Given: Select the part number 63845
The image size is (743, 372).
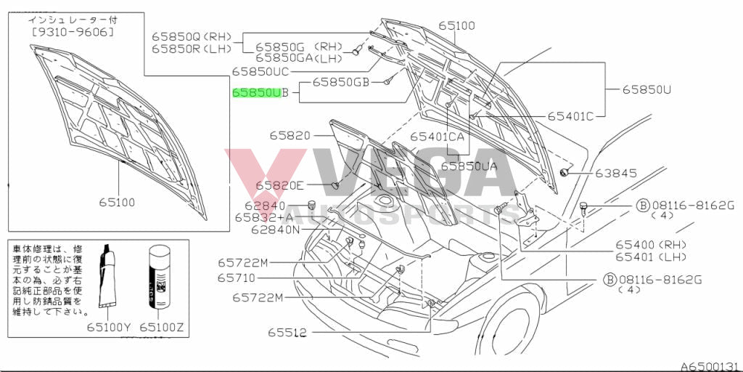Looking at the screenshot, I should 616,174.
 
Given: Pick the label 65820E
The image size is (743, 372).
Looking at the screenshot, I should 280,186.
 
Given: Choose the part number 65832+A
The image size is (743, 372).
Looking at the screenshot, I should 265,217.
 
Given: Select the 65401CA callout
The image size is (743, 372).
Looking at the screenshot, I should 437,136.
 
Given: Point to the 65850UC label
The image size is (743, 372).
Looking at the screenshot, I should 260,71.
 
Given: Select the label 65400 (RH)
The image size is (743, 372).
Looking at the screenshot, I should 651,244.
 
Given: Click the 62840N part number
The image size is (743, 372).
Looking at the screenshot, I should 276,230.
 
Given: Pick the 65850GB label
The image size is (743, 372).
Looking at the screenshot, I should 342,83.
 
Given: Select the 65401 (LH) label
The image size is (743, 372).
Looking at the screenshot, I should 651,256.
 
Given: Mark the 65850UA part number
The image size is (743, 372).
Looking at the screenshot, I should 469,166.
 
